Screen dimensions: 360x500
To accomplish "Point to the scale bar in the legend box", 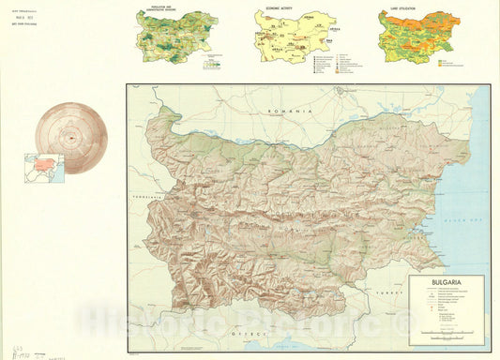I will (x=447, y=332).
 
